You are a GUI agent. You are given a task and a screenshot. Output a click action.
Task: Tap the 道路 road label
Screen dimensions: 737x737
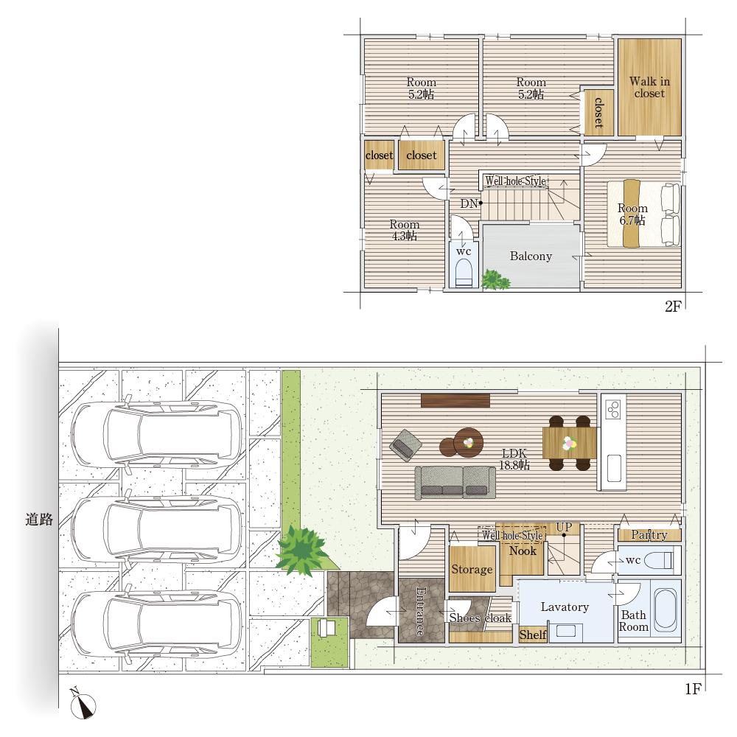[x=39, y=520]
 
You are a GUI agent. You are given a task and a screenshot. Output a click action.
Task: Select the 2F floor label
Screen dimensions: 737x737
[x=673, y=307]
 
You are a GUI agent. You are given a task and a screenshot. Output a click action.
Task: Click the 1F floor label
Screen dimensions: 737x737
[x=693, y=689]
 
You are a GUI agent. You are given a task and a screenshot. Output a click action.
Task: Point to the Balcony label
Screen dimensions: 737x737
[x=531, y=256]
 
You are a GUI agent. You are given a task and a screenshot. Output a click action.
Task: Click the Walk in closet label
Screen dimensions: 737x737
[x=649, y=88]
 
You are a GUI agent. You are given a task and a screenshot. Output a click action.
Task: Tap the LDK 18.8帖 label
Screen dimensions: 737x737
[x=514, y=459]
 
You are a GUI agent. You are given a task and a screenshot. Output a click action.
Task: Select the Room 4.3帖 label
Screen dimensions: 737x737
[x=404, y=230]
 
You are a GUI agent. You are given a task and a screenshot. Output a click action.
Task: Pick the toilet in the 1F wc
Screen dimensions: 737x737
[x=658, y=560]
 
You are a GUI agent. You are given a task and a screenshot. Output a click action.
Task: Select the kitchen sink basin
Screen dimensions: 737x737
[x=614, y=468]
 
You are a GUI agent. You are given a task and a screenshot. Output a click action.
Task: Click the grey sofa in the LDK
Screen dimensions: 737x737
[x=455, y=482]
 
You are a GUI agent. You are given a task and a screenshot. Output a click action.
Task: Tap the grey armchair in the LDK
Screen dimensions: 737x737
[x=405, y=444]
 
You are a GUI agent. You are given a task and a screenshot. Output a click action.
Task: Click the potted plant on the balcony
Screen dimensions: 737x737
[x=495, y=279]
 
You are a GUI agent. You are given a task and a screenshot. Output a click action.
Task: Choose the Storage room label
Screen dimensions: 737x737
[x=472, y=569]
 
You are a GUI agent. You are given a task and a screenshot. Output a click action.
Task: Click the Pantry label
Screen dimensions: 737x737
[x=649, y=534]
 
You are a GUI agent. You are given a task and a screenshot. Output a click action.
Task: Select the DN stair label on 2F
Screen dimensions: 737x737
[x=469, y=203]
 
